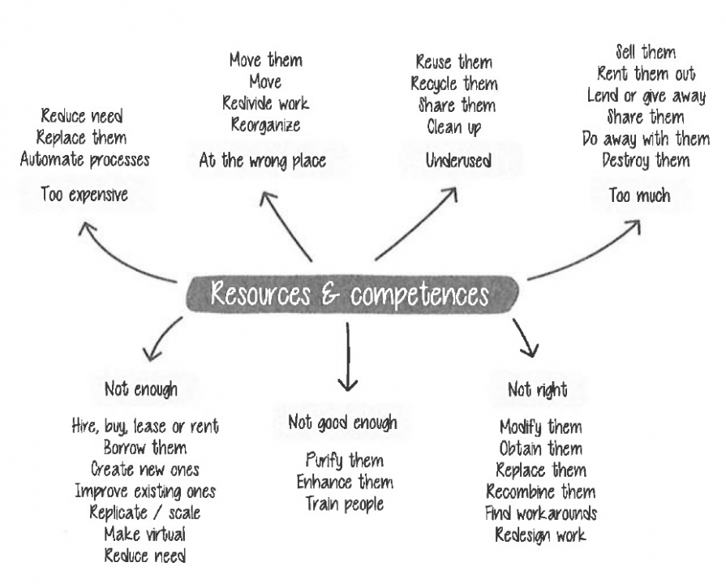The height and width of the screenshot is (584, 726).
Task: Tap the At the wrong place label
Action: point(263,161)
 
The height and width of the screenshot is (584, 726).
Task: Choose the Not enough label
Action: point(140,389)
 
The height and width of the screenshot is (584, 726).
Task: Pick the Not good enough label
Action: point(343,423)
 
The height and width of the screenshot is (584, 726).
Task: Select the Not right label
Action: point(537,390)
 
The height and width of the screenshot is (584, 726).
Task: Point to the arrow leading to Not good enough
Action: point(347,357)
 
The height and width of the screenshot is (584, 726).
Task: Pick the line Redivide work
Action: point(265,103)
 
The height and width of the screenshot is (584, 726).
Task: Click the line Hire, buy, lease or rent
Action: point(145,426)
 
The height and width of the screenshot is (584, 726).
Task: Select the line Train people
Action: point(345,503)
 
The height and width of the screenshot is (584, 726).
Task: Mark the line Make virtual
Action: point(144,533)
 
